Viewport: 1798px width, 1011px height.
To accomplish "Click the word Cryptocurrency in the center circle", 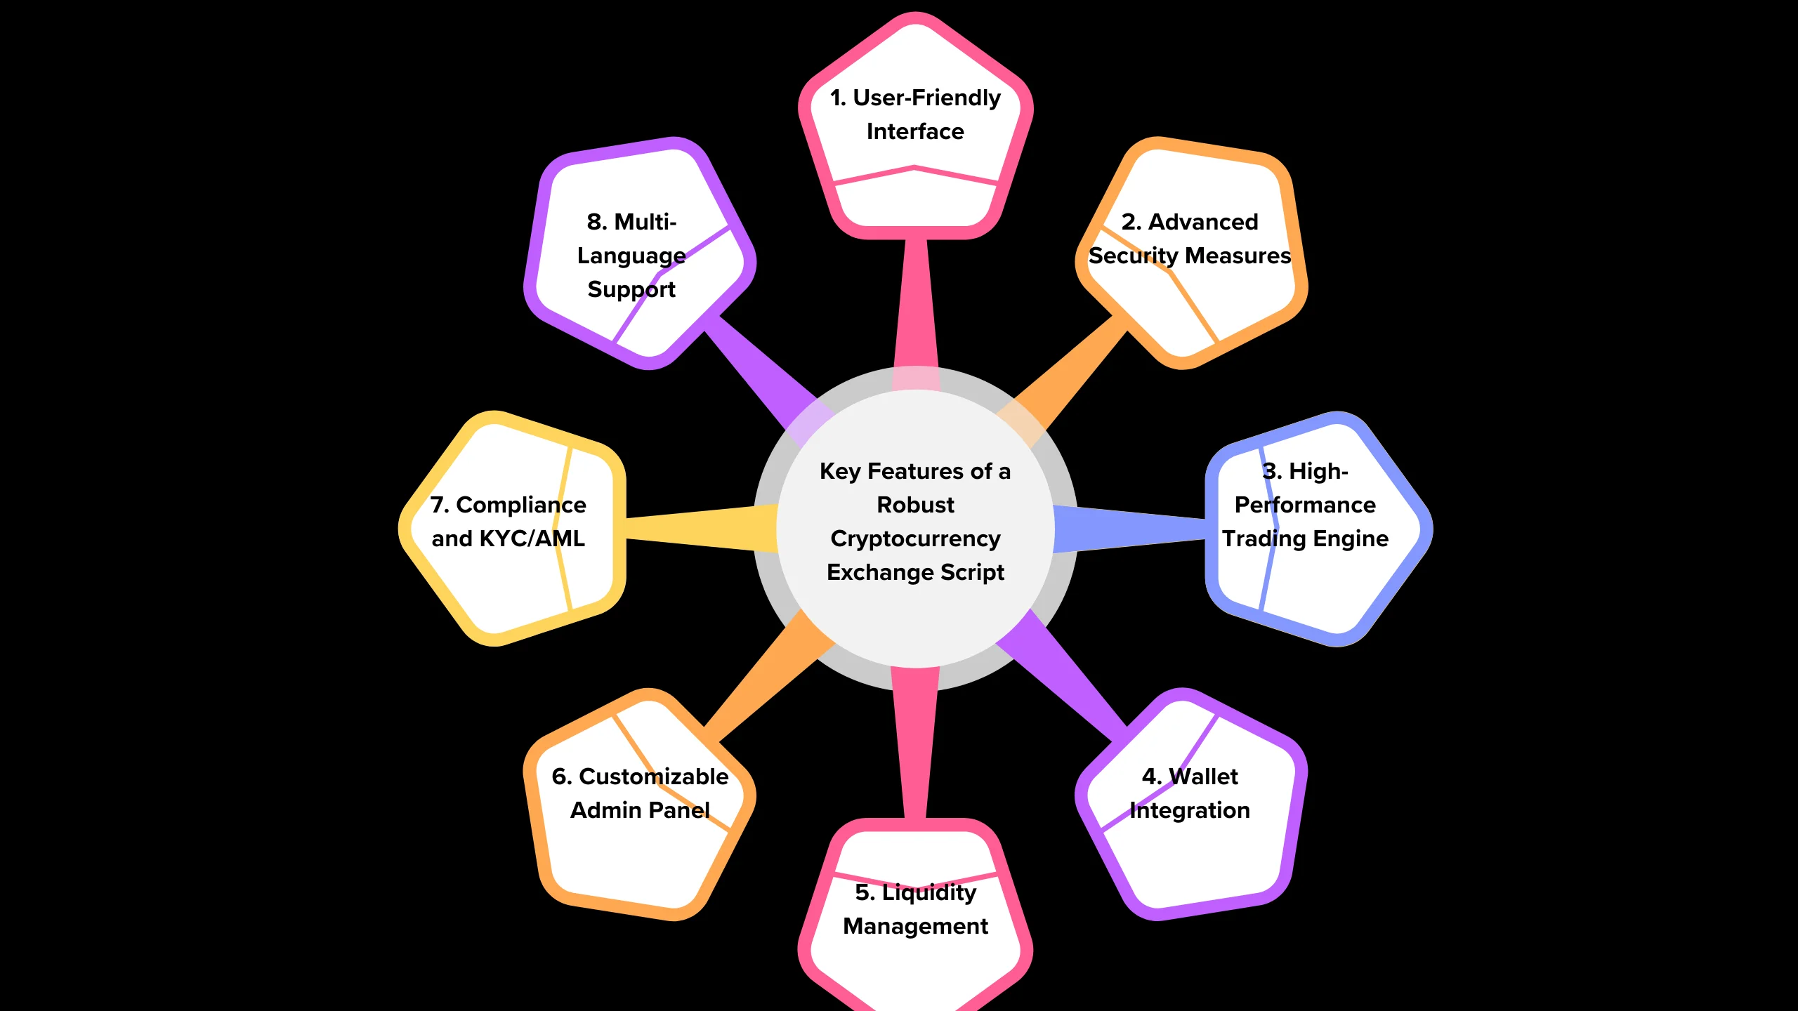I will tap(915, 538).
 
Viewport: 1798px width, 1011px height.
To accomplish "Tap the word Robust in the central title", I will tap(915, 505).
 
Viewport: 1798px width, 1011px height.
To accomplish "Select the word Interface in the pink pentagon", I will tap(915, 131).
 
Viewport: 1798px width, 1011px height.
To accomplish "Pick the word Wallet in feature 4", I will tap(1203, 777).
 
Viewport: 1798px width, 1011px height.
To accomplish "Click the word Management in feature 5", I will tap(915, 926).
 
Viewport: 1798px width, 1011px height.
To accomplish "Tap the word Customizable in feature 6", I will tap(653, 777).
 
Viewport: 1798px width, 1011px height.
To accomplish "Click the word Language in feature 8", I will tap(631, 256).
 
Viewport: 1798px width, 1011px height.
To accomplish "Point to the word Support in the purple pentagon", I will tap(631, 289).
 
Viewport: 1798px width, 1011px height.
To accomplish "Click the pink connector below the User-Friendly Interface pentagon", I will tap(916, 302).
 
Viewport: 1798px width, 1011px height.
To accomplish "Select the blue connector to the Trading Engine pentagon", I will tap(1131, 528).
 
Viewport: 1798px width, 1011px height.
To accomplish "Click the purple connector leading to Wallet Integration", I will tap(1068, 681).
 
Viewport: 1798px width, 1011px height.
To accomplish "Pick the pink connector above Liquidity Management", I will tap(915, 744).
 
